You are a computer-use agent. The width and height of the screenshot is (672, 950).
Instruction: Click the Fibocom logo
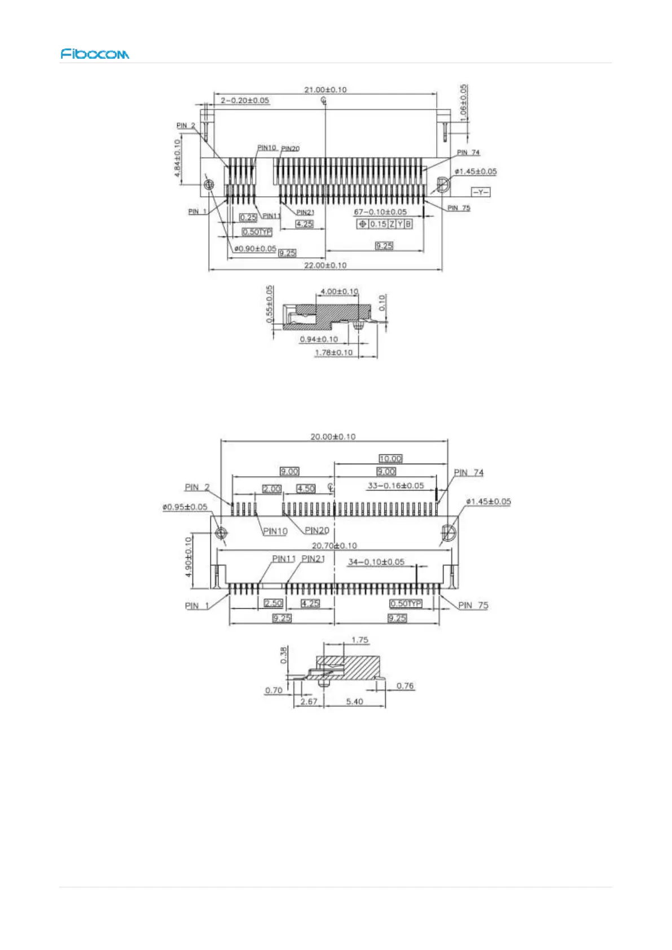coord(95,54)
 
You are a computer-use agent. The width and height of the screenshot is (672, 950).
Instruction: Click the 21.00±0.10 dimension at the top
coord(326,90)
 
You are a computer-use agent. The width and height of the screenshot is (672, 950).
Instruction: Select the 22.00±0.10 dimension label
coord(326,265)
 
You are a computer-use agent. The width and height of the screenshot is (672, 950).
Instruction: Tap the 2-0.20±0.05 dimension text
coord(245,100)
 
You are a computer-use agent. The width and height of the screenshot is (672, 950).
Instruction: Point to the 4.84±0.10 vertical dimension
coord(178,159)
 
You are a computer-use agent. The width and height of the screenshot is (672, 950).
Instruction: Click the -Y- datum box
coord(481,192)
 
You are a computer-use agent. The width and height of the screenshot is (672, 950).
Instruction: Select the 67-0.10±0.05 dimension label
coord(380,212)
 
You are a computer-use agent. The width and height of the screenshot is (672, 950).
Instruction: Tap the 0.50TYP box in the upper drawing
coord(257,232)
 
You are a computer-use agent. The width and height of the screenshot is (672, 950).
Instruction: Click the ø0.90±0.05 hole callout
coord(255,249)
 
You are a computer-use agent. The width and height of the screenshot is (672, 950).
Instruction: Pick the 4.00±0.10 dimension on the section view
coord(339,292)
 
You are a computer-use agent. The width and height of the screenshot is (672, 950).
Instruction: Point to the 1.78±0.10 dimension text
coord(333,353)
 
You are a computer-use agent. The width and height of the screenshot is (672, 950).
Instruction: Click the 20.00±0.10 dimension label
coord(333,437)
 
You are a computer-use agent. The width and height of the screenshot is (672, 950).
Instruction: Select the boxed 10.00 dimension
coord(390,459)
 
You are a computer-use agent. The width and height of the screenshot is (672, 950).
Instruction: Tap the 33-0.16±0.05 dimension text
coord(396,486)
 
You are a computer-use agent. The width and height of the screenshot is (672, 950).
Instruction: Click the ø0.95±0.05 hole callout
coord(185,507)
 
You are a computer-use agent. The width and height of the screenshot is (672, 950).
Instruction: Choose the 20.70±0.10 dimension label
coord(335,546)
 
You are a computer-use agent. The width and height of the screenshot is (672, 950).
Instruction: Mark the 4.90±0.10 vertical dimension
coord(189,556)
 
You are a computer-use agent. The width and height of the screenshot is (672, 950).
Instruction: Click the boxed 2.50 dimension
coord(273,603)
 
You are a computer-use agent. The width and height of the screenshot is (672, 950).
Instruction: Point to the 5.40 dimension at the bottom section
coord(354,702)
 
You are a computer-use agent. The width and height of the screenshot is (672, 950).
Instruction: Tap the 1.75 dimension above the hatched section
coord(359,640)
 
